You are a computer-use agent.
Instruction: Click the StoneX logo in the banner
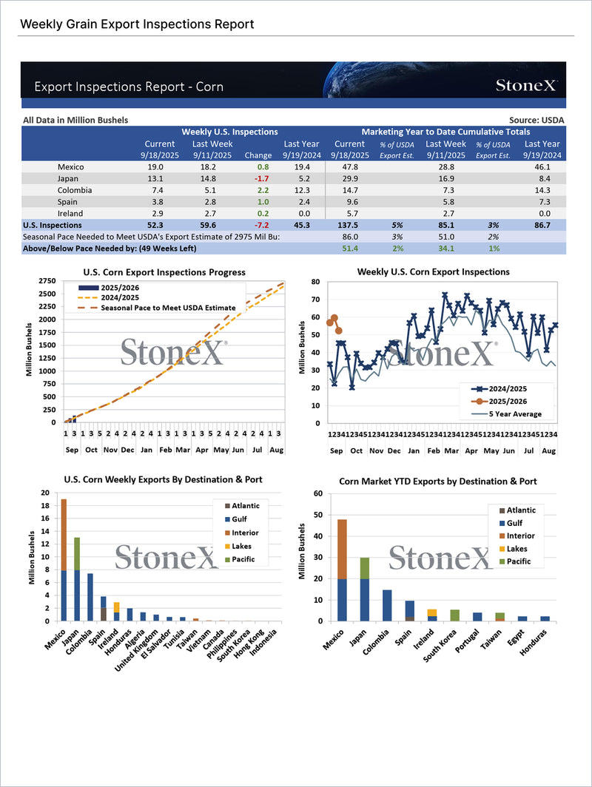point(526,86)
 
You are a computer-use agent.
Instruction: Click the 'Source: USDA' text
point(536,120)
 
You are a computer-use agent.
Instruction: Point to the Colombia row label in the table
point(73,190)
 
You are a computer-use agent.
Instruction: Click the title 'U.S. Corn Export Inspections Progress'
point(165,272)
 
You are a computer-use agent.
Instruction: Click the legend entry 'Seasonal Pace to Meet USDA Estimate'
point(168,308)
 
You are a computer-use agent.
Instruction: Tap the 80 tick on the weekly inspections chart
point(314,282)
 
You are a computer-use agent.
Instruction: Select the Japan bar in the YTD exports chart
point(364,590)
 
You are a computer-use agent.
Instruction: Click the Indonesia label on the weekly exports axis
point(266,642)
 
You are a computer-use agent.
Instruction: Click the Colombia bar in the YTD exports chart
point(387,605)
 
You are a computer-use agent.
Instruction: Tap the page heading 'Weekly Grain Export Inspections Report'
point(137,24)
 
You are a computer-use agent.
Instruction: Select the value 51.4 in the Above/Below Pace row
point(349,249)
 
